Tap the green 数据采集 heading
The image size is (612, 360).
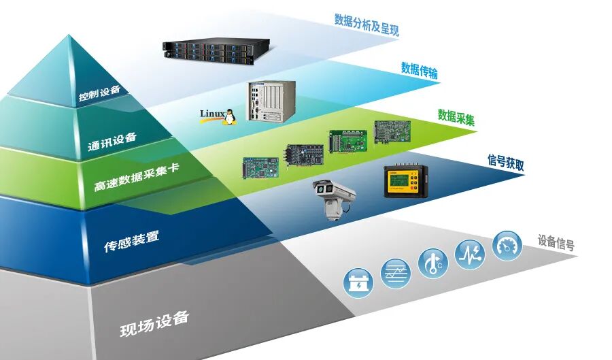[x=456, y=116]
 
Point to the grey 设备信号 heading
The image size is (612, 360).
[x=556, y=242]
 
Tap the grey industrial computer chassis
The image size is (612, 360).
[x=272, y=101]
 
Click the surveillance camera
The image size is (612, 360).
[x=334, y=197]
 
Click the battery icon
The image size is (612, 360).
[x=358, y=282]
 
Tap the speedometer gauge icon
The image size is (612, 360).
[x=507, y=245]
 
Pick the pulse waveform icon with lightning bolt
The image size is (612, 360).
[x=470, y=254]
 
